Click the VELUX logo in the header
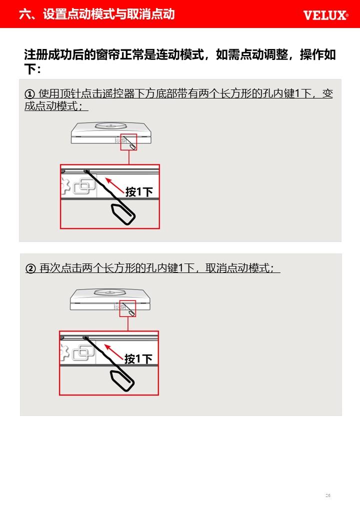325,15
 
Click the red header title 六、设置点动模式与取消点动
97,14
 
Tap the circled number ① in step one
29,94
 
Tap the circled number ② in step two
30,268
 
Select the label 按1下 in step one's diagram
139,192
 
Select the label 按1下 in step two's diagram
138,359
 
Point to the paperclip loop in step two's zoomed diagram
122,381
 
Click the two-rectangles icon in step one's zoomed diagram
84,186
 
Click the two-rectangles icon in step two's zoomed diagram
83,352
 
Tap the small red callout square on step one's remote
128,142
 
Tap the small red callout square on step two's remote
127,308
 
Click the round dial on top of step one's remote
110,125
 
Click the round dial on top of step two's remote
109,292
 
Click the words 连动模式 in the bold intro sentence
180,54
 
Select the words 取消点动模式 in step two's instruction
239,268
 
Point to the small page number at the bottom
328,495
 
